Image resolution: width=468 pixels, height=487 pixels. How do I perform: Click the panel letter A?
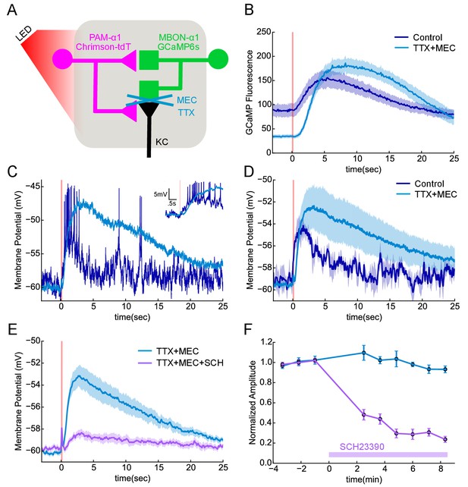(12, 10)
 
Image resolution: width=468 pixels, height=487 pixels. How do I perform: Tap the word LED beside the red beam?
(24, 34)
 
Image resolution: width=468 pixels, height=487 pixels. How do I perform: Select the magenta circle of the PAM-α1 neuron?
(63, 58)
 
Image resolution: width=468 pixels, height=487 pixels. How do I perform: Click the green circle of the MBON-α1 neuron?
(218, 58)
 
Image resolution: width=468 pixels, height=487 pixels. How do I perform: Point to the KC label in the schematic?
(162, 142)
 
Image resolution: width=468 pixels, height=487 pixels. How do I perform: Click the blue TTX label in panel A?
(186, 112)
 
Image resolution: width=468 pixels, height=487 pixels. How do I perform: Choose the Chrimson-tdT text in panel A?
(103, 46)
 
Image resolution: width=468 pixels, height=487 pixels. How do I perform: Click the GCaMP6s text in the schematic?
(178, 46)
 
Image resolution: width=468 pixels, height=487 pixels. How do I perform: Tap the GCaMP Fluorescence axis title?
(250, 93)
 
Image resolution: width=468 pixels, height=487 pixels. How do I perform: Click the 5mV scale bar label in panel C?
(160, 194)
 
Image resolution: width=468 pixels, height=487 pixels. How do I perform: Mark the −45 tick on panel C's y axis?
(32, 187)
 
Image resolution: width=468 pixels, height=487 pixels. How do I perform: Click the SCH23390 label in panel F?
(362, 447)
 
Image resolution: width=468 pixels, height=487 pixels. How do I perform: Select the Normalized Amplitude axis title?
(252, 403)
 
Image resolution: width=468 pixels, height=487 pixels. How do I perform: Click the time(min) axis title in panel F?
(363, 479)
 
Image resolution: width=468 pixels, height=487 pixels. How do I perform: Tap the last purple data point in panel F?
(445, 439)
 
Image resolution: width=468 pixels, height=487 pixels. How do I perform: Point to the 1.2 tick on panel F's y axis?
(267, 342)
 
